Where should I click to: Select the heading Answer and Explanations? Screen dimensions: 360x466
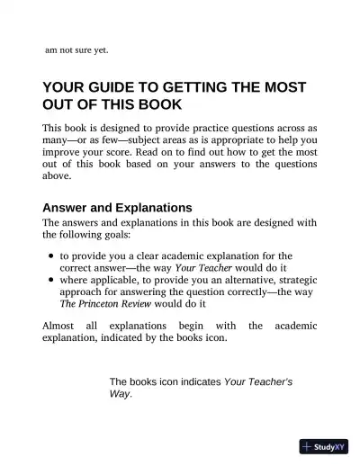(x=117, y=207)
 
